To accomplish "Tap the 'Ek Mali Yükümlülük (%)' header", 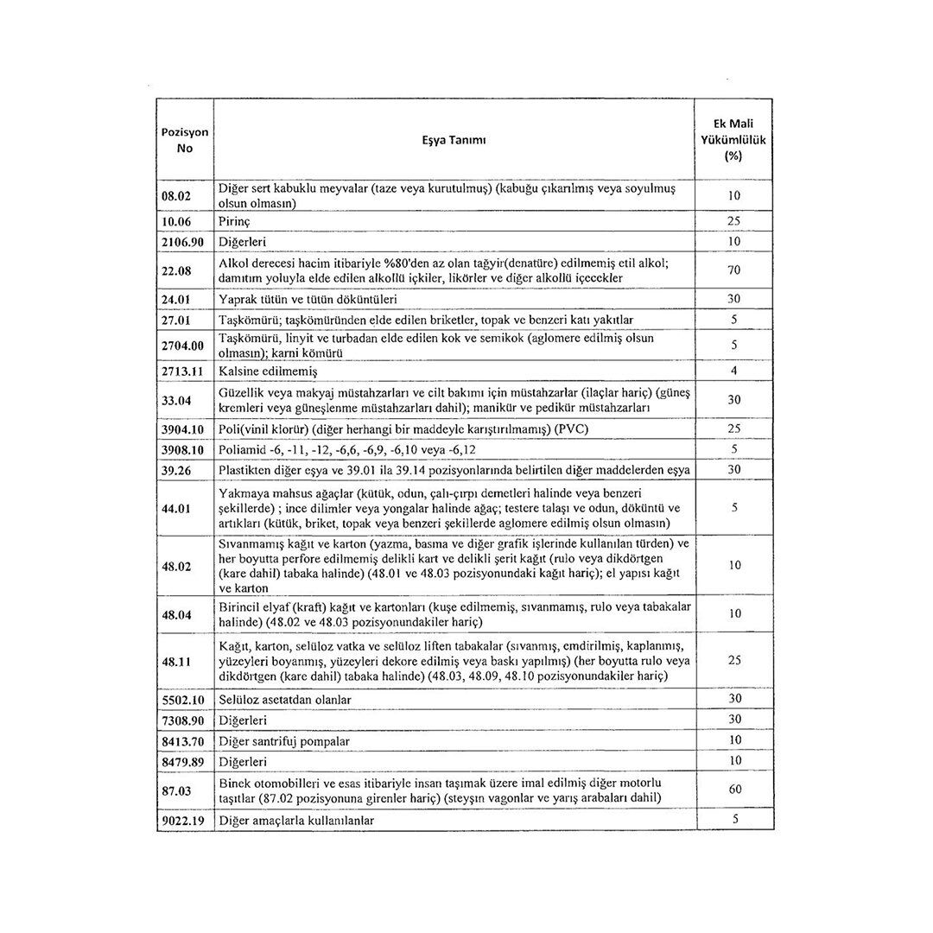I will [x=734, y=139].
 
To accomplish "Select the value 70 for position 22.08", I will [x=734, y=270].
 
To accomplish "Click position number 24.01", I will [x=182, y=300].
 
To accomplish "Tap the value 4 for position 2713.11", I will [x=734, y=371].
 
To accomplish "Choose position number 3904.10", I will [x=185, y=429].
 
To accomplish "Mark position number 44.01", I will [x=182, y=508].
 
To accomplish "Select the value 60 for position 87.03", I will [x=734, y=790].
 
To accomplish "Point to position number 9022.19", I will [x=185, y=820].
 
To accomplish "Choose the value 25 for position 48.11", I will [x=734, y=661].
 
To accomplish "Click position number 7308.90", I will [x=185, y=720].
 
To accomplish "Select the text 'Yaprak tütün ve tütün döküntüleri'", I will [x=308, y=300].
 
